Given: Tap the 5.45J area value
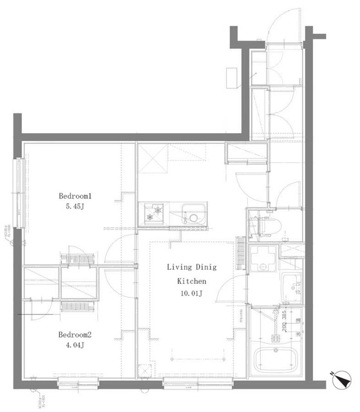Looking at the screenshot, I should click(x=77, y=209).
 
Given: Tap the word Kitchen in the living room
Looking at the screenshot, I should click(x=191, y=281).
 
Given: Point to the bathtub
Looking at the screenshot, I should click(x=278, y=359).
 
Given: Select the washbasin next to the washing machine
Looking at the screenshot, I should click(x=292, y=285).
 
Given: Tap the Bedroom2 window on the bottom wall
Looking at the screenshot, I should click(x=77, y=384).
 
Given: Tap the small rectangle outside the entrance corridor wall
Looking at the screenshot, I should click(x=231, y=77).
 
